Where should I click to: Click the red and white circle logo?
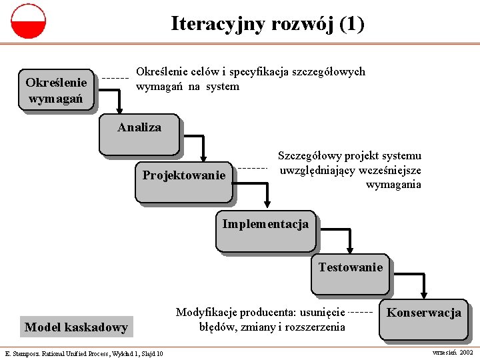(28, 21)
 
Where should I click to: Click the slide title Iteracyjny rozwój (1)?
(267, 24)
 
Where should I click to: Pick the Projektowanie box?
(184, 181)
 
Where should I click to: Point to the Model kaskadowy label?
(76, 327)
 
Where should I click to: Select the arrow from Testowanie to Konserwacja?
(420, 280)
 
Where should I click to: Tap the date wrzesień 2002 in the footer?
(453, 351)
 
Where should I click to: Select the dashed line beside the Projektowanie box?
(252, 168)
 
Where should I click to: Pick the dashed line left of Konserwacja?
(361, 312)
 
